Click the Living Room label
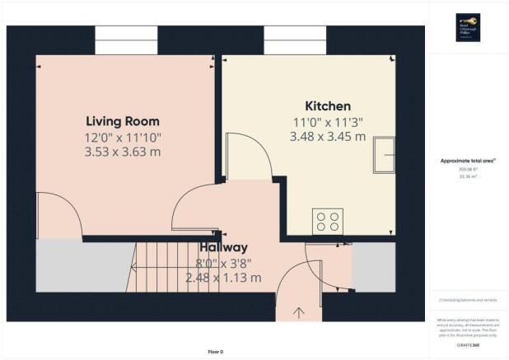[125, 120]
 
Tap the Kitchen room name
[328, 106]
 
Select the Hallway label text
[222, 247]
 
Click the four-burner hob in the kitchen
[327, 221]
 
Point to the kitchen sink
[382, 157]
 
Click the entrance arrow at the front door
[298, 313]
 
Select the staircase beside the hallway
[165, 268]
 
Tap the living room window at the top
[125, 38]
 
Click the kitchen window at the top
[295, 38]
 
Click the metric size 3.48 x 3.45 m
[328, 137]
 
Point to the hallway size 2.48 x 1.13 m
[224, 278]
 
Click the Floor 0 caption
[214, 352]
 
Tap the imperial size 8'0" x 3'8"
[224, 263]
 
